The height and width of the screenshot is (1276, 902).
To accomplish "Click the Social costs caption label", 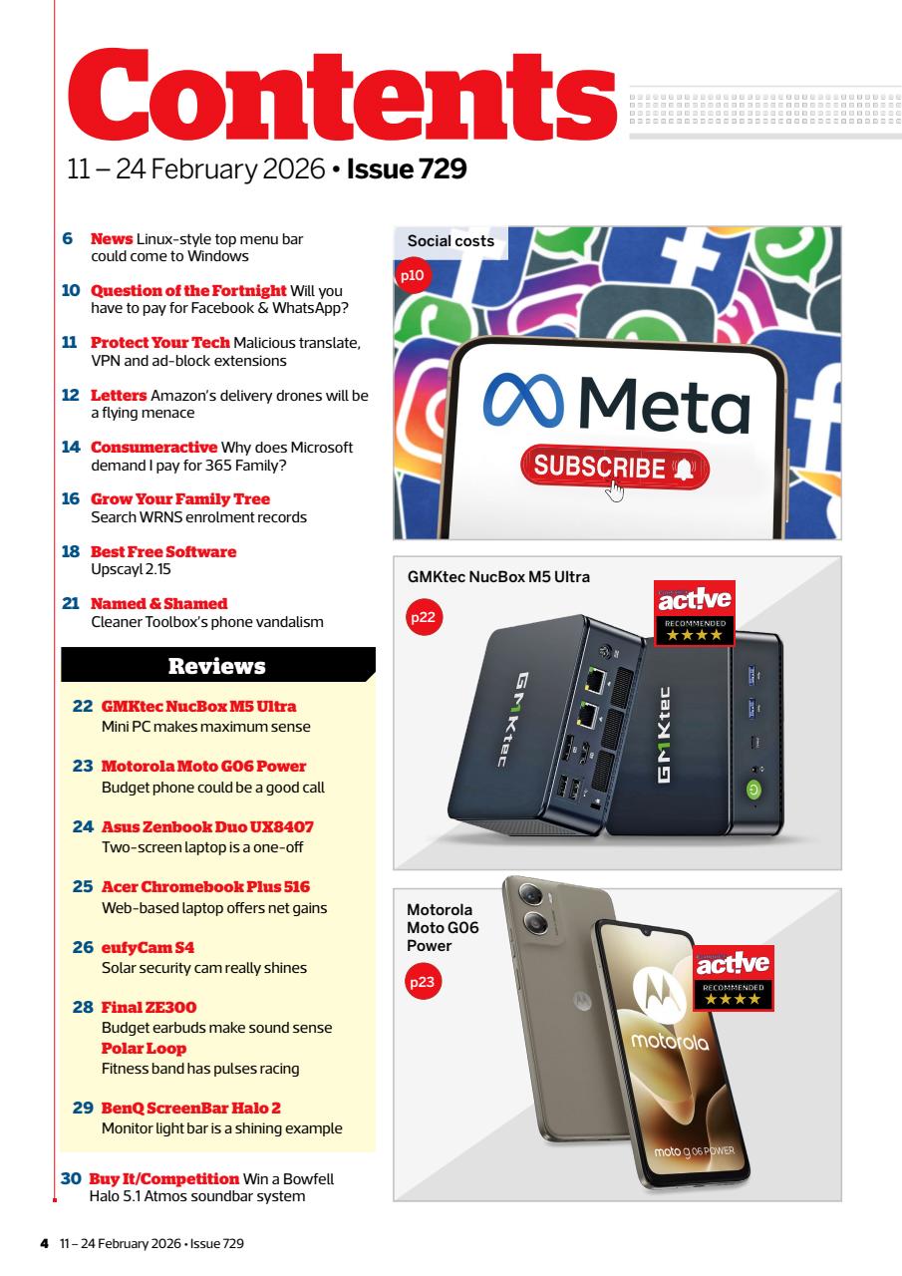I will pyautogui.click(x=451, y=242).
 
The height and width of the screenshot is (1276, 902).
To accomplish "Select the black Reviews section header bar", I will pyautogui.click(x=217, y=665).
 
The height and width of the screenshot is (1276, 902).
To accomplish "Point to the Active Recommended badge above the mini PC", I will pyautogui.click(x=693, y=611).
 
